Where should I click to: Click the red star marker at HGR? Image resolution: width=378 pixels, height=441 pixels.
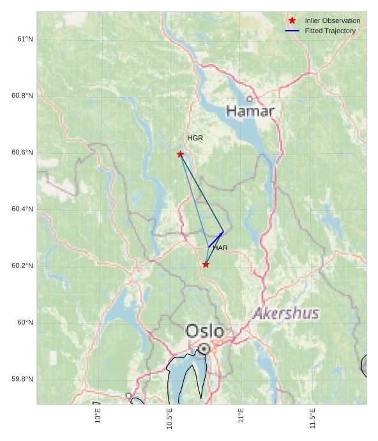[180, 154]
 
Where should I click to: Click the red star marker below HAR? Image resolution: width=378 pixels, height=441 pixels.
[206, 264]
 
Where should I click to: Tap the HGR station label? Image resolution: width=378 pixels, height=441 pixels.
[195, 138]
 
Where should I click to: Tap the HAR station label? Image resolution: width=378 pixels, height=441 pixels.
[220, 248]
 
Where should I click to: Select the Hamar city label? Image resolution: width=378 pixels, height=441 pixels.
[250, 112]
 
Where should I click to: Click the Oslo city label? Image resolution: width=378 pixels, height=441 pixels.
[205, 331]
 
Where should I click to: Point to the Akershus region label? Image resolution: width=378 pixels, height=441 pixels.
[285, 314]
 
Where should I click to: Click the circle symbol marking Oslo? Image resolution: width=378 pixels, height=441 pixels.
[204, 349]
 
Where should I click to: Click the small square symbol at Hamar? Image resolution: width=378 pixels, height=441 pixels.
[250, 99]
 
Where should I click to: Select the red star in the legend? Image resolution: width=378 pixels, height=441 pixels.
[292, 20]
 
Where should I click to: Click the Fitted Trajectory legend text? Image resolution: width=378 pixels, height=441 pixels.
[330, 31]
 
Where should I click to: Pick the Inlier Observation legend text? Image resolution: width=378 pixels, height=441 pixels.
[332, 20]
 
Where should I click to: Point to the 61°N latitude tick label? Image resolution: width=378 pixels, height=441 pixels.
[25, 39]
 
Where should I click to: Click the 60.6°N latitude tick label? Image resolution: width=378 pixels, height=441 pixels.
[22, 153]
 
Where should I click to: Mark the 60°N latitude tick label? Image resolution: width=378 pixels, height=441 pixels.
[25, 322]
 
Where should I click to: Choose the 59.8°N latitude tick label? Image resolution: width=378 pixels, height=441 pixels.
[22, 379]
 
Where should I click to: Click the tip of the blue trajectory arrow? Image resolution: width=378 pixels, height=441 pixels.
[223, 232]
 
